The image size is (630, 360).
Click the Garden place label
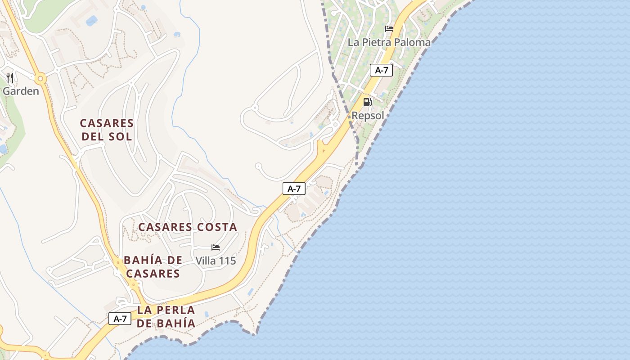21,91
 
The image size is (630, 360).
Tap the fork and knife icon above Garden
10,78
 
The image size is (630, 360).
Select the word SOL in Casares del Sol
119,137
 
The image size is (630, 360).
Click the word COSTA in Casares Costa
214,227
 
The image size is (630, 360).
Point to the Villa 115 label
216,261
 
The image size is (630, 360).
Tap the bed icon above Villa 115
216,247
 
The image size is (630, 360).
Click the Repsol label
368,116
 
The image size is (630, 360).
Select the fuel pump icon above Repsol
368,102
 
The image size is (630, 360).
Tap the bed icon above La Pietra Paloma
389,29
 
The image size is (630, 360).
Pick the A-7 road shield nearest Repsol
381,70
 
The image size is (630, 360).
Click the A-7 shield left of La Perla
120,319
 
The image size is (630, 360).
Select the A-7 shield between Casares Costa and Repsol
294,189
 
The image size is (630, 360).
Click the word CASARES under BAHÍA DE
153,274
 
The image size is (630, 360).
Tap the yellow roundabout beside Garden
41,79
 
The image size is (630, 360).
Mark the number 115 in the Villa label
226,261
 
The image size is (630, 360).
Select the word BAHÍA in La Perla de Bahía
176,324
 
